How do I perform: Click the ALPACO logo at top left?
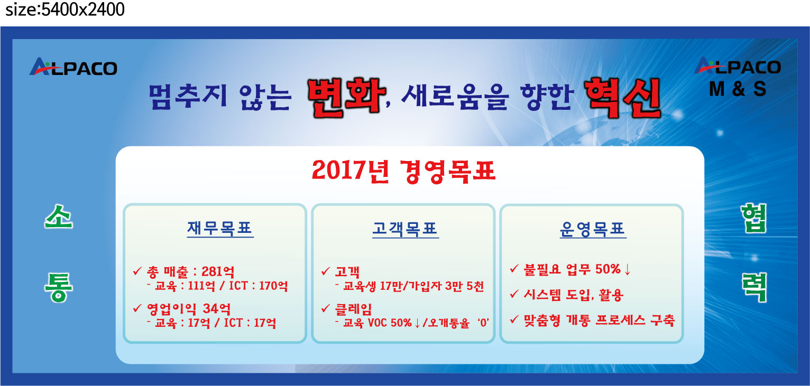(x=73, y=67)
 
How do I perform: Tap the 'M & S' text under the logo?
(x=738, y=89)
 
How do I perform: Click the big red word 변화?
(x=346, y=98)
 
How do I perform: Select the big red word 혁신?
(x=623, y=98)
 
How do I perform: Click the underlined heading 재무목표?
(x=220, y=229)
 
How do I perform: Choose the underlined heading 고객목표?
(x=406, y=229)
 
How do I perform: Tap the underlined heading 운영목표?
(x=593, y=229)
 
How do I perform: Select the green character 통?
(x=59, y=287)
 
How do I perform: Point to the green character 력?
(x=753, y=288)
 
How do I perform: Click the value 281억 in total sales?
(x=218, y=271)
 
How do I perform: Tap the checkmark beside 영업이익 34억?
(x=137, y=308)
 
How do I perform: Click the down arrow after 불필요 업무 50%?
(x=628, y=269)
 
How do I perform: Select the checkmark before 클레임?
(x=326, y=308)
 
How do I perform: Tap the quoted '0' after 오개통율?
(x=483, y=323)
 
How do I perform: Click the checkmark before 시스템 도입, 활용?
(x=514, y=294)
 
